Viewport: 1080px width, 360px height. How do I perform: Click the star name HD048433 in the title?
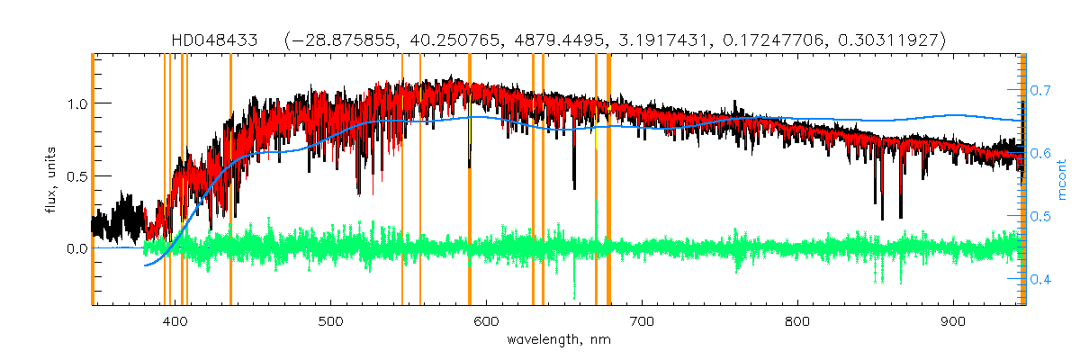215,40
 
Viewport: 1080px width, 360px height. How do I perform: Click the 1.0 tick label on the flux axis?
76,103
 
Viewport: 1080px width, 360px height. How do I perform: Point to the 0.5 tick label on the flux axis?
76,175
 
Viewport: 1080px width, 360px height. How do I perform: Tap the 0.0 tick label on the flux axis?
76,248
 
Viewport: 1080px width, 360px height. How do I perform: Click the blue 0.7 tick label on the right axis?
1042,91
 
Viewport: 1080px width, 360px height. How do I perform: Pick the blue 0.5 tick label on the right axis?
1042,217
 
